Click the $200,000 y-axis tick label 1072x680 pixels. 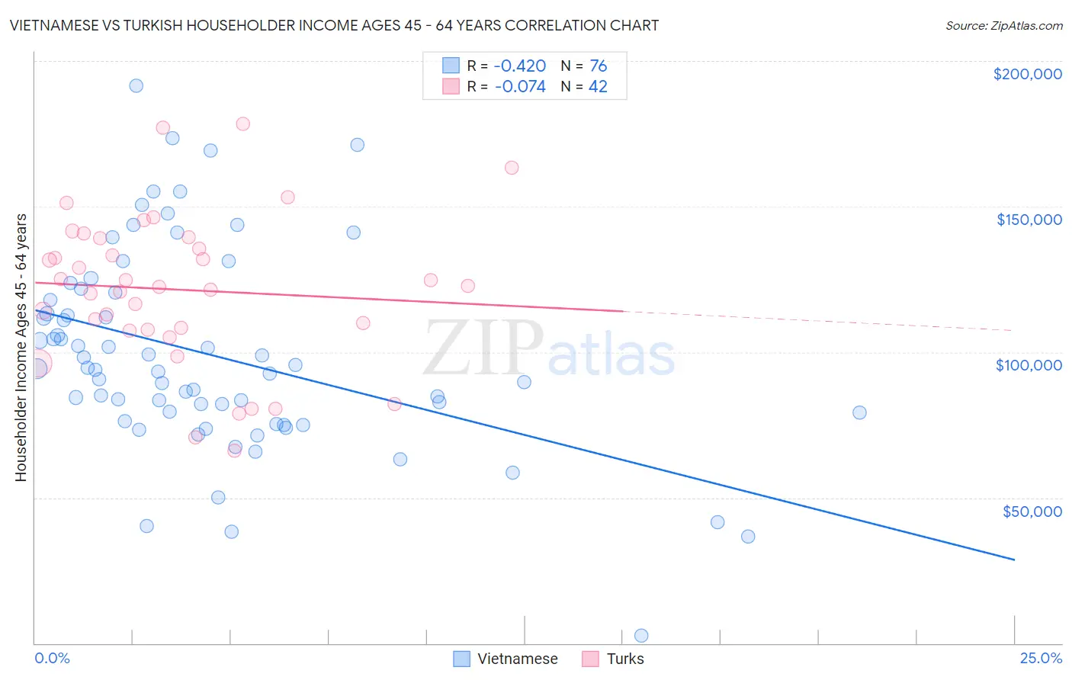pos(1027,74)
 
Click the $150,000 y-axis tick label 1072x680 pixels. pos(1029,220)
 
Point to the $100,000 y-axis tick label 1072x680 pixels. pos(1029,365)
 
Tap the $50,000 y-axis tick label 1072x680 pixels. pos(1032,512)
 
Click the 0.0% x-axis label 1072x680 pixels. pos(52,659)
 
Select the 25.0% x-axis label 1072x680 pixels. pos(1041,659)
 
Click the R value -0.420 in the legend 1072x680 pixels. pos(520,66)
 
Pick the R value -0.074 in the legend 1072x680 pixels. pos(520,87)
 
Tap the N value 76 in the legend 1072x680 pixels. pos(598,66)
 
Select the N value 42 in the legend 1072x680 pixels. pos(598,87)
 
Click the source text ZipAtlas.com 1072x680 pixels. pos(1003,26)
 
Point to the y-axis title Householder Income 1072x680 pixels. pos(21,347)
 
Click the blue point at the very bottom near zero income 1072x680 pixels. pos(641,636)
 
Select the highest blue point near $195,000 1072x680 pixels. pos(136,85)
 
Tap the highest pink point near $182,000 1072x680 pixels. pos(242,123)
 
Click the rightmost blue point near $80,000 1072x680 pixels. pos(859,412)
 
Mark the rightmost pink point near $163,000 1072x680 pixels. pos(512,168)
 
